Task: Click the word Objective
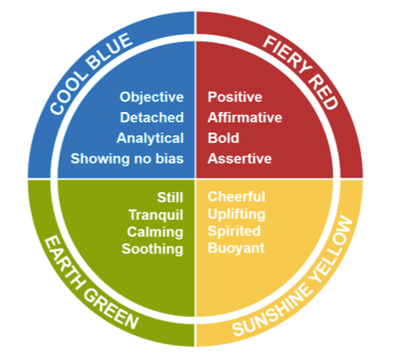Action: coord(151,97)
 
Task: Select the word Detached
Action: coord(151,118)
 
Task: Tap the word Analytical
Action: coord(150,139)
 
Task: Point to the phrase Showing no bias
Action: coord(127,158)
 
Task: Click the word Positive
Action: coord(235,97)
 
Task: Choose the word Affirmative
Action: coord(245,118)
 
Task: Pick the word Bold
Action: coord(223,138)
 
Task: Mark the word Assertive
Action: coord(240,158)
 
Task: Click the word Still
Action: coord(170,197)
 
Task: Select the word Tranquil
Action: coord(156,215)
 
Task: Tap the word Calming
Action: coord(155,232)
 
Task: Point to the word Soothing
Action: coord(153,249)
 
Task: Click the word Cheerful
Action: coord(236,196)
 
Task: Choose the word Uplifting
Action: coord(236,214)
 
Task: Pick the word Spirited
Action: coord(234,231)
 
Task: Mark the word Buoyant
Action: coord(236,249)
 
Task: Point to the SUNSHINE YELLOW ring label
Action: coord(293,276)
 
